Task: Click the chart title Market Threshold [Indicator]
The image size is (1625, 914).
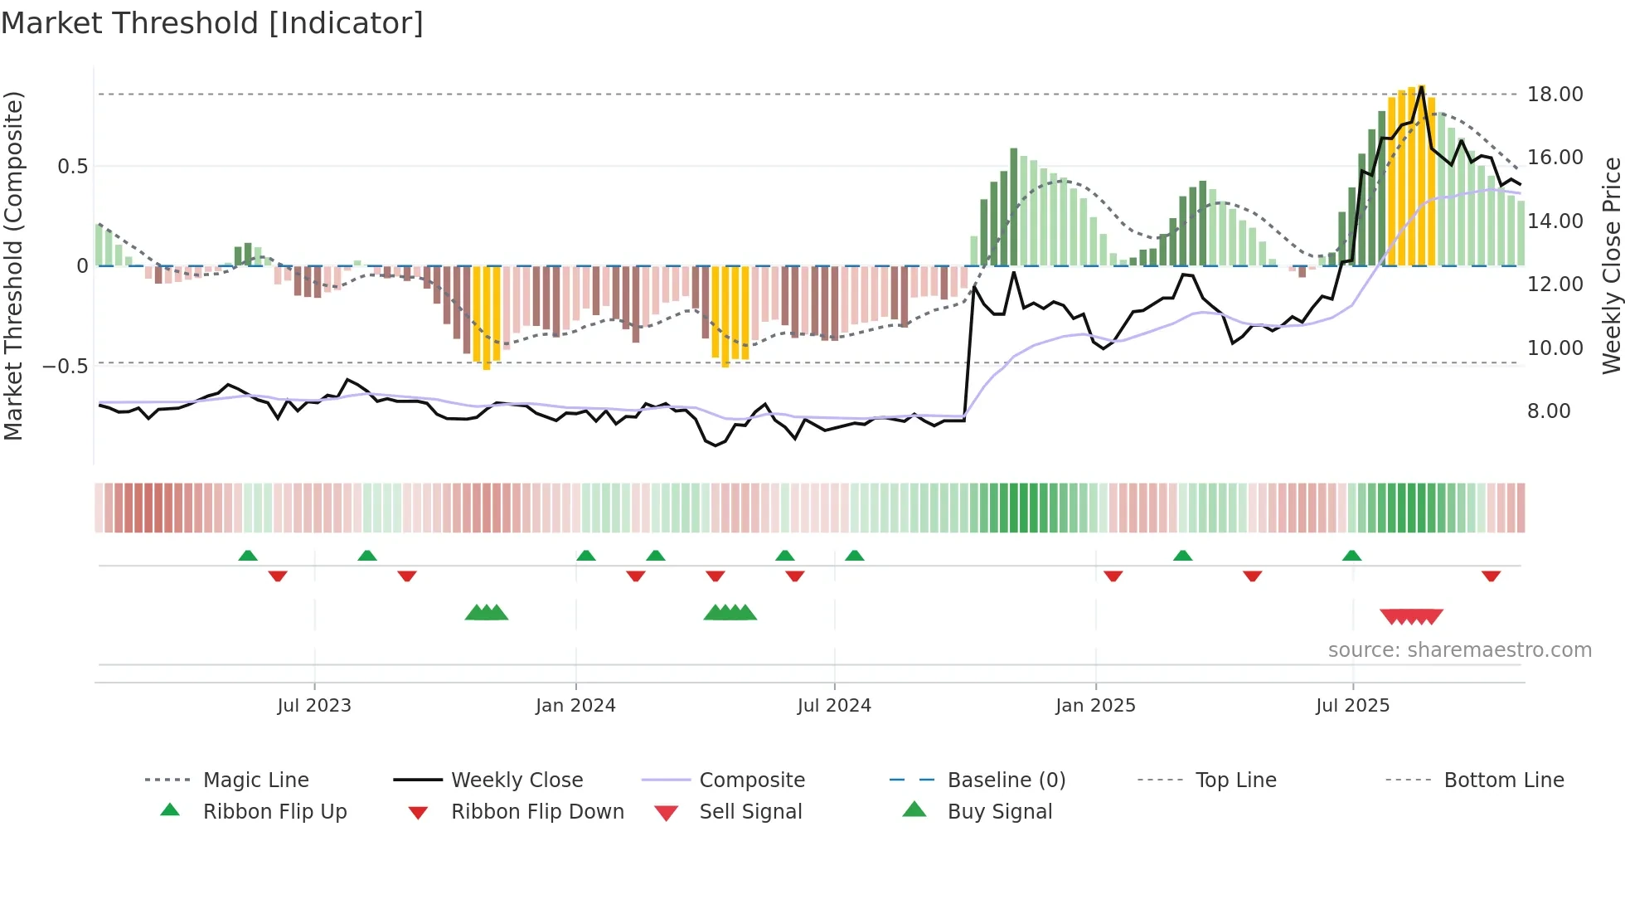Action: [212, 23]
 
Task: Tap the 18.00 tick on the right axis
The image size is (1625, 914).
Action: [1555, 95]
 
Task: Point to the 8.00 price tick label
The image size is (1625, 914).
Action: [1548, 411]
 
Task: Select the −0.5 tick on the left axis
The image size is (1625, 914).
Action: [65, 366]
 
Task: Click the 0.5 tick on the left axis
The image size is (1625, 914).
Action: [72, 167]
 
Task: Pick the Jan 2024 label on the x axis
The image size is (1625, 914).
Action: [575, 706]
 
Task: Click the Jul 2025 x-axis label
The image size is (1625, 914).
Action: [1352, 706]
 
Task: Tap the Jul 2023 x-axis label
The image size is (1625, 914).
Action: [314, 706]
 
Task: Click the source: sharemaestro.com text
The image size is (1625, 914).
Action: [1459, 650]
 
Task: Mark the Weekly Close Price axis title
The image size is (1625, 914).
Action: [1611, 265]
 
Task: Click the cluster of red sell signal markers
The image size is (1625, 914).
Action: [1411, 616]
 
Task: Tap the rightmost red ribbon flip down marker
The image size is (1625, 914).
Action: [1491, 576]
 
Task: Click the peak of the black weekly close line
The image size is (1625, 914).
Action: [1421, 86]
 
